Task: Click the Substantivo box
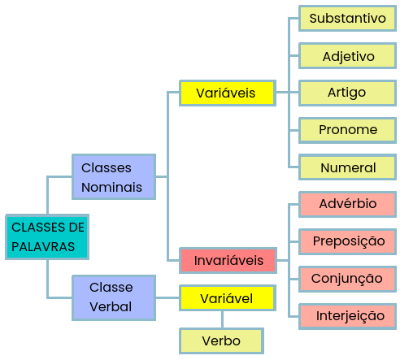pyautogui.click(x=347, y=19)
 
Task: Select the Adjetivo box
pyautogui.click(x=347, y=56)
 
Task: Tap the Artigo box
pyautogui.click(x=347, y=93)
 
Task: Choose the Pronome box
pyautogui.click(x=347, y=130)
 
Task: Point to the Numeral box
pyautogui.click(x=347, y=167)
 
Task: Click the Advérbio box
pyautogui.click(x=347, y=205)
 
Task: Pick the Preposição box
pyautogui.click(x=347, y=242)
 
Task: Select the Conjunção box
pyautogui.click(x=347, y=280)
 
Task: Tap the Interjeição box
pyautogui.click(x=347, y=317)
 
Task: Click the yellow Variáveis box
pyautogui.click(x=228, y=93)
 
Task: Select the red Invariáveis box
pyautogui.click(x=228, y=260)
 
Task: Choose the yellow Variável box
pyautogui.click(x=228, y=298)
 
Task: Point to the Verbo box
pyautogui.click(x=221, y=341)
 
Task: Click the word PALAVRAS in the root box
pyautogui.click(x=43, y=247)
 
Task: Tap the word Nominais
pyautogui.click(x=111, y=188)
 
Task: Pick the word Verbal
pyautogui.click(x=111, y=307)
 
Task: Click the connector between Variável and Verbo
pyautogui.click(x=222, y=319)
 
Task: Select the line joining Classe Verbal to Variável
pyautogui.click(x=167, y=298)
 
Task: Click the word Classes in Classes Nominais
pyautogui.click(x=107, y=168)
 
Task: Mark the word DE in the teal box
pyautogui.click(x=76, y=228)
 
